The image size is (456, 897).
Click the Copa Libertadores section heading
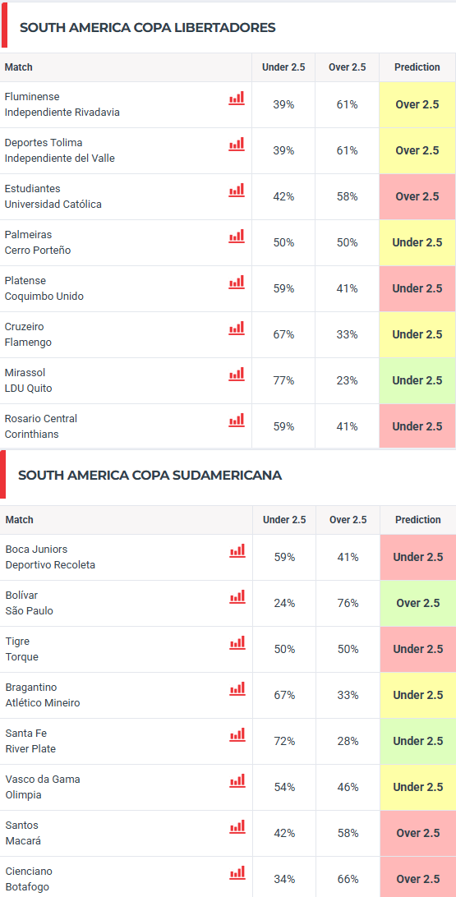coord(148,27)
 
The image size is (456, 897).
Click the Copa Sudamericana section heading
coord(150,476)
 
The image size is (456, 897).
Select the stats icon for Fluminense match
coord(237,98)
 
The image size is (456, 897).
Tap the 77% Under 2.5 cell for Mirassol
coord(283,380)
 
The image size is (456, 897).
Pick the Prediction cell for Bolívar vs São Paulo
coord(417,603)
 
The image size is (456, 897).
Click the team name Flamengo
coord(28,342)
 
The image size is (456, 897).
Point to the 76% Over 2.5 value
coord(348,603)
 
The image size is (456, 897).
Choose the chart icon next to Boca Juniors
coord(237,550)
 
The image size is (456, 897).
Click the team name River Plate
coord(31,748)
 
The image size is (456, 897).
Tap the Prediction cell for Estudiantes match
coord(417,196)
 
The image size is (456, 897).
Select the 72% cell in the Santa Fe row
coord(284,741)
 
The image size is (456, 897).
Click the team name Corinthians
coord(31,435)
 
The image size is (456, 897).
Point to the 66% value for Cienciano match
coord(348,879)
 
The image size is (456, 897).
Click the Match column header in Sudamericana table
coord(20,520)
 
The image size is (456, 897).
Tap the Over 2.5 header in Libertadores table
coord(347,67)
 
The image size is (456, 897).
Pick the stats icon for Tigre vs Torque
coord(237,642)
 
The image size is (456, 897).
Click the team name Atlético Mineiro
coord(43,702)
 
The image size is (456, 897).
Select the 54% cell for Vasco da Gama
coord(284,787)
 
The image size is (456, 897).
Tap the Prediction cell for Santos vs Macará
coord(417,833)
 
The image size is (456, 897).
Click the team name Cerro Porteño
coord(38,250)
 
